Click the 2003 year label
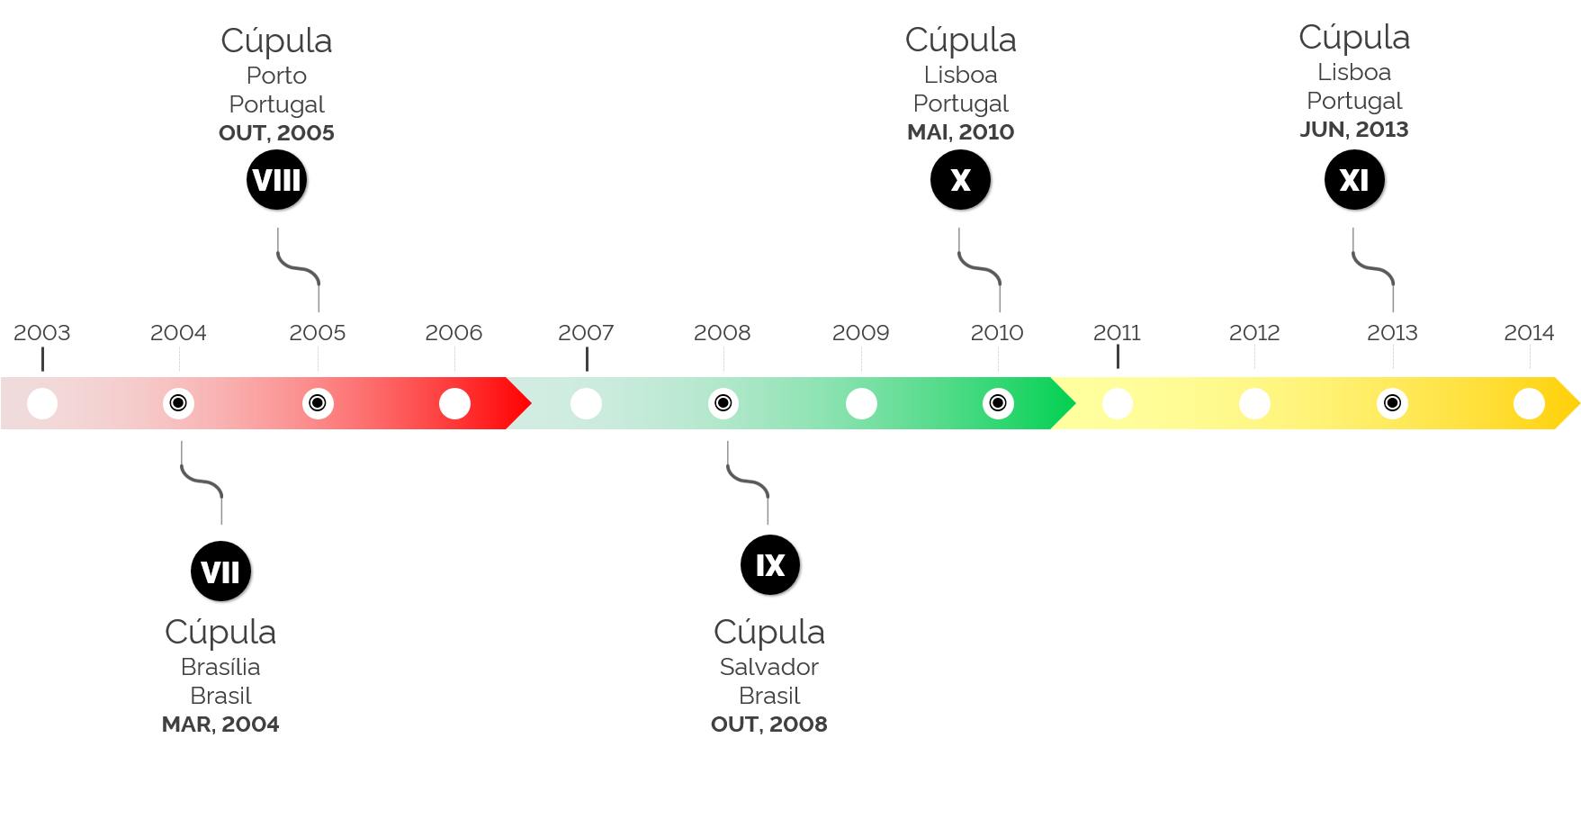coord(42,333)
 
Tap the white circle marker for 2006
coord(454,403)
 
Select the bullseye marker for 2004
coord(178,403)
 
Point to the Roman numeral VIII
coord(276,180)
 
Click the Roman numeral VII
coord(220,572)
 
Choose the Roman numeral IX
coord(770,565)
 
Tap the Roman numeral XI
coord(1354,180)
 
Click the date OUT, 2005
coord(276,133)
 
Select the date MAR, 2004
coord(220,724)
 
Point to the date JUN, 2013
coord(1354,130)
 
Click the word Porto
coord(276,76)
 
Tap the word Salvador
coord(769,667)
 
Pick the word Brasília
coord(220,667)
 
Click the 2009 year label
coord(861,333)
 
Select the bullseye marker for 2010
coord(998,403)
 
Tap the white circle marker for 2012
coord(1254,403)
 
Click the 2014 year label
coord(1529,333)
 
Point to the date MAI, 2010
coord(960,132)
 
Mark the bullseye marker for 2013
coord(1392,403)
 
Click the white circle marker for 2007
coord(586,403)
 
